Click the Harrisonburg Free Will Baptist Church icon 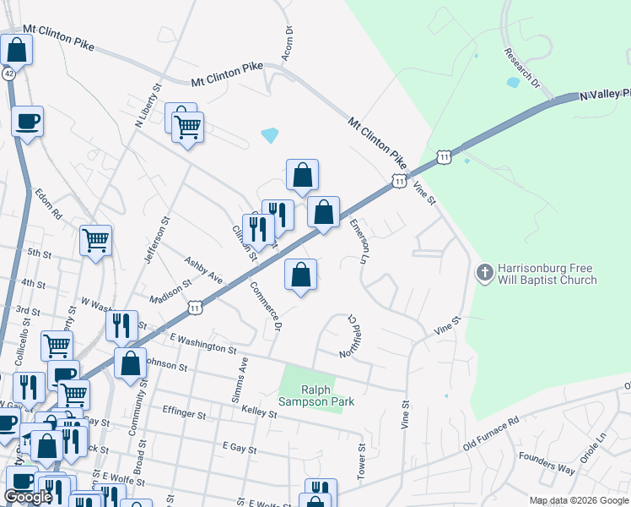coord(484,272)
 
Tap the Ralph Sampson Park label coord(316,395)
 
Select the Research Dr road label coord(521,68)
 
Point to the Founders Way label coord(547,463)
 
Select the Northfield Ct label coord(348,336)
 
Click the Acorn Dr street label coord(289,42)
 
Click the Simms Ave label coord(240,378)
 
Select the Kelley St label coord(259,412)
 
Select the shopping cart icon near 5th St coord(96,240)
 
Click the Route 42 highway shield coord(8,74)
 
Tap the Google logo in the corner coord(29,497)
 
